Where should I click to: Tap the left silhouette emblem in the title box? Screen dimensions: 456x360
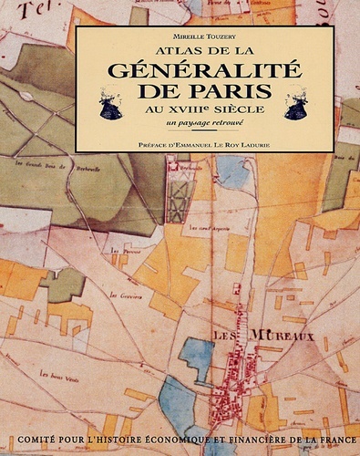111,105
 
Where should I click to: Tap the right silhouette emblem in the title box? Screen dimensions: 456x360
296,105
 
